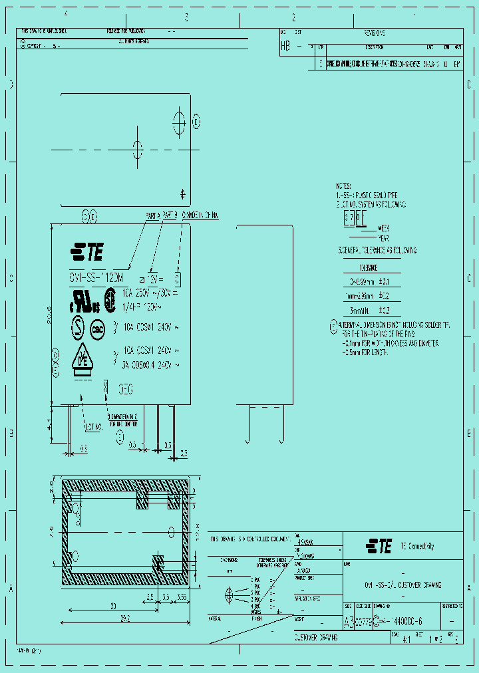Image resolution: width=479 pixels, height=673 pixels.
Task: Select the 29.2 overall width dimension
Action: [125, 618]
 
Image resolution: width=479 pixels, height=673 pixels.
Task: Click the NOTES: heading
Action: [343, 188]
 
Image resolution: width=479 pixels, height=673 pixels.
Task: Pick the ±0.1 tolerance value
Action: [384, 282]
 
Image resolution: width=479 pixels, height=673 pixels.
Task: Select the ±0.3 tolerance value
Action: [384, 310]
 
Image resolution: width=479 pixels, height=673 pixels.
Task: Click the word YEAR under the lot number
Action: [384, 237]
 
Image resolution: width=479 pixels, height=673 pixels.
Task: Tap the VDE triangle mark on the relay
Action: [82, 360]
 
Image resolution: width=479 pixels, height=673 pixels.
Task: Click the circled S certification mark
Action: [79, 328]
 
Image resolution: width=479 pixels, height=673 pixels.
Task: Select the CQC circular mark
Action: [96, 329]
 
